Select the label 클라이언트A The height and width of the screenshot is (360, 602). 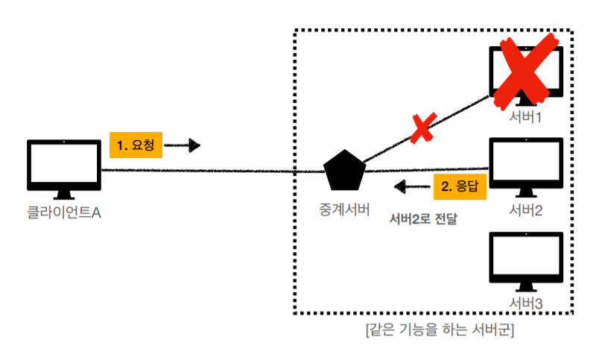point(64,213)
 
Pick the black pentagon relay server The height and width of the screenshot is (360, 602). point(345,171)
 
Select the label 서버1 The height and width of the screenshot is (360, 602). point(526,117)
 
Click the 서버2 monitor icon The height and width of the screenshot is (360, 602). point(526,165)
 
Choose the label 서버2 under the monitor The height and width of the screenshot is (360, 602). point(526,210)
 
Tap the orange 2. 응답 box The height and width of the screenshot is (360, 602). point(458,186)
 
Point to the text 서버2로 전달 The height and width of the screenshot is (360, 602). point(423,220)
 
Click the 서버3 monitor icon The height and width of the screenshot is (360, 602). point(526,258)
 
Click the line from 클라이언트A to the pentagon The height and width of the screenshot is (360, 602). point(209,171)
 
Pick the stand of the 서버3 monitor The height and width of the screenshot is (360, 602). point(526,287)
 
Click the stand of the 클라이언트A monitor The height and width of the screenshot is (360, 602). point(64,195)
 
